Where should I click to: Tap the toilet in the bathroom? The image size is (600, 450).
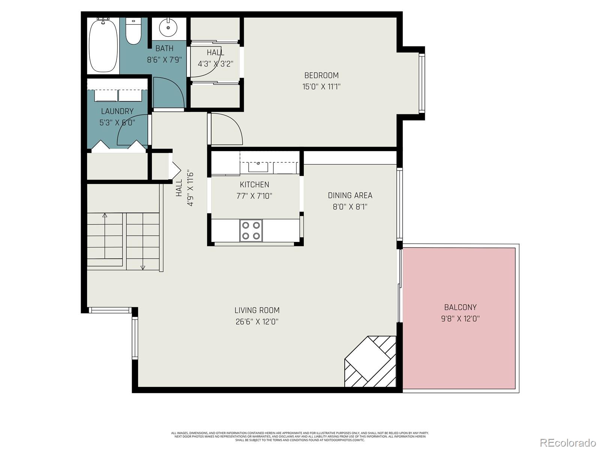coord(133,31)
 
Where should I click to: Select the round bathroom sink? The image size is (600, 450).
coord(168,27)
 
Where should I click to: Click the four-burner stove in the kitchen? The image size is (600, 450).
coord(251,230)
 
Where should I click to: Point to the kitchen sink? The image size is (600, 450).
coord(258,166)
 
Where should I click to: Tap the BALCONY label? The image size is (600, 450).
coord(460,307)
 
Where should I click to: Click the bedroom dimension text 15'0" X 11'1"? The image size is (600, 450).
coord(321,87)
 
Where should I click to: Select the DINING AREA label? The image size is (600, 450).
coord(350,195)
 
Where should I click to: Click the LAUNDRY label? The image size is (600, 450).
coord(117,111)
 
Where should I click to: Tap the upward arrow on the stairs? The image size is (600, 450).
coord(105,216)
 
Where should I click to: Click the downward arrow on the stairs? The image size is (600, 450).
coord(142,267)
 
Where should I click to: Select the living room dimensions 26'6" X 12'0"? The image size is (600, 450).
coord(257,321)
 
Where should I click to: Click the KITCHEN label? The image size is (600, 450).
coord(254,184)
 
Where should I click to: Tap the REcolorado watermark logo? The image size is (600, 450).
coord(568,442)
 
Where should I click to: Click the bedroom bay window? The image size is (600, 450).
coord(421,83)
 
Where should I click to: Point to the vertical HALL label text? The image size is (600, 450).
coord(179,187)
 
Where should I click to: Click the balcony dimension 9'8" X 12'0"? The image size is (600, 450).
coord(460,319)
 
